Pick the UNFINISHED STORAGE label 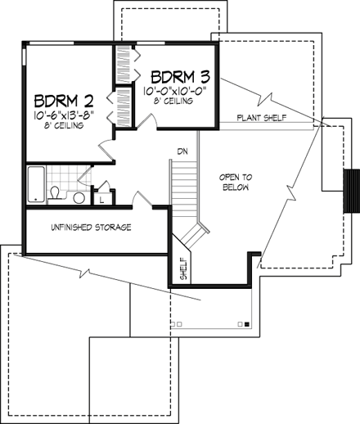[91, 227]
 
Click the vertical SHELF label [183, 268]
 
